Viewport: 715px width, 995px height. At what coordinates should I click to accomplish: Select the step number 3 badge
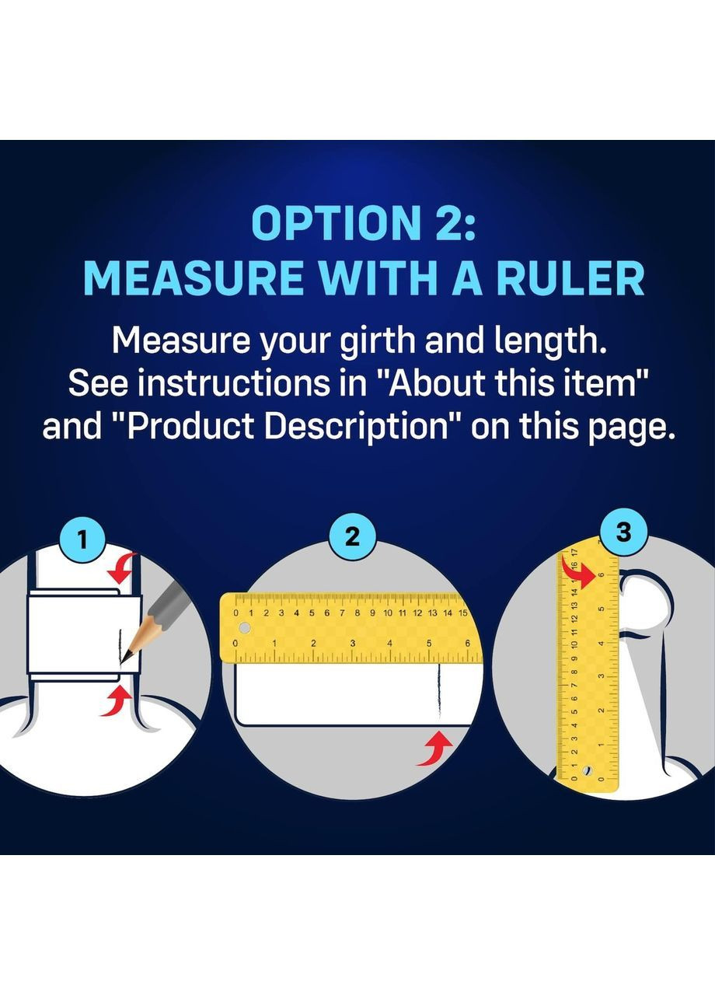pyautogui.click(x=624, y=532)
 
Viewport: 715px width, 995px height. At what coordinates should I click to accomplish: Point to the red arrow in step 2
pyautogui.click(x=434, y=750)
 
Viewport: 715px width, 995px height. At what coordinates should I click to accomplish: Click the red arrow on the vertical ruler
pyautogui.click(x=577, y=573)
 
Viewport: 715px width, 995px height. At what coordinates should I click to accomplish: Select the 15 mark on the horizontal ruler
pyautogui.click(x=462, y=613)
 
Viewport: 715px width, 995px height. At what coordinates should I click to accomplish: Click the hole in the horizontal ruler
pyautogui.click(x=244, y=628)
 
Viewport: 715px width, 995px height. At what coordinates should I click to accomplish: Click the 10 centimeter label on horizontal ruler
pyautogui.click(x=388, y=613)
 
